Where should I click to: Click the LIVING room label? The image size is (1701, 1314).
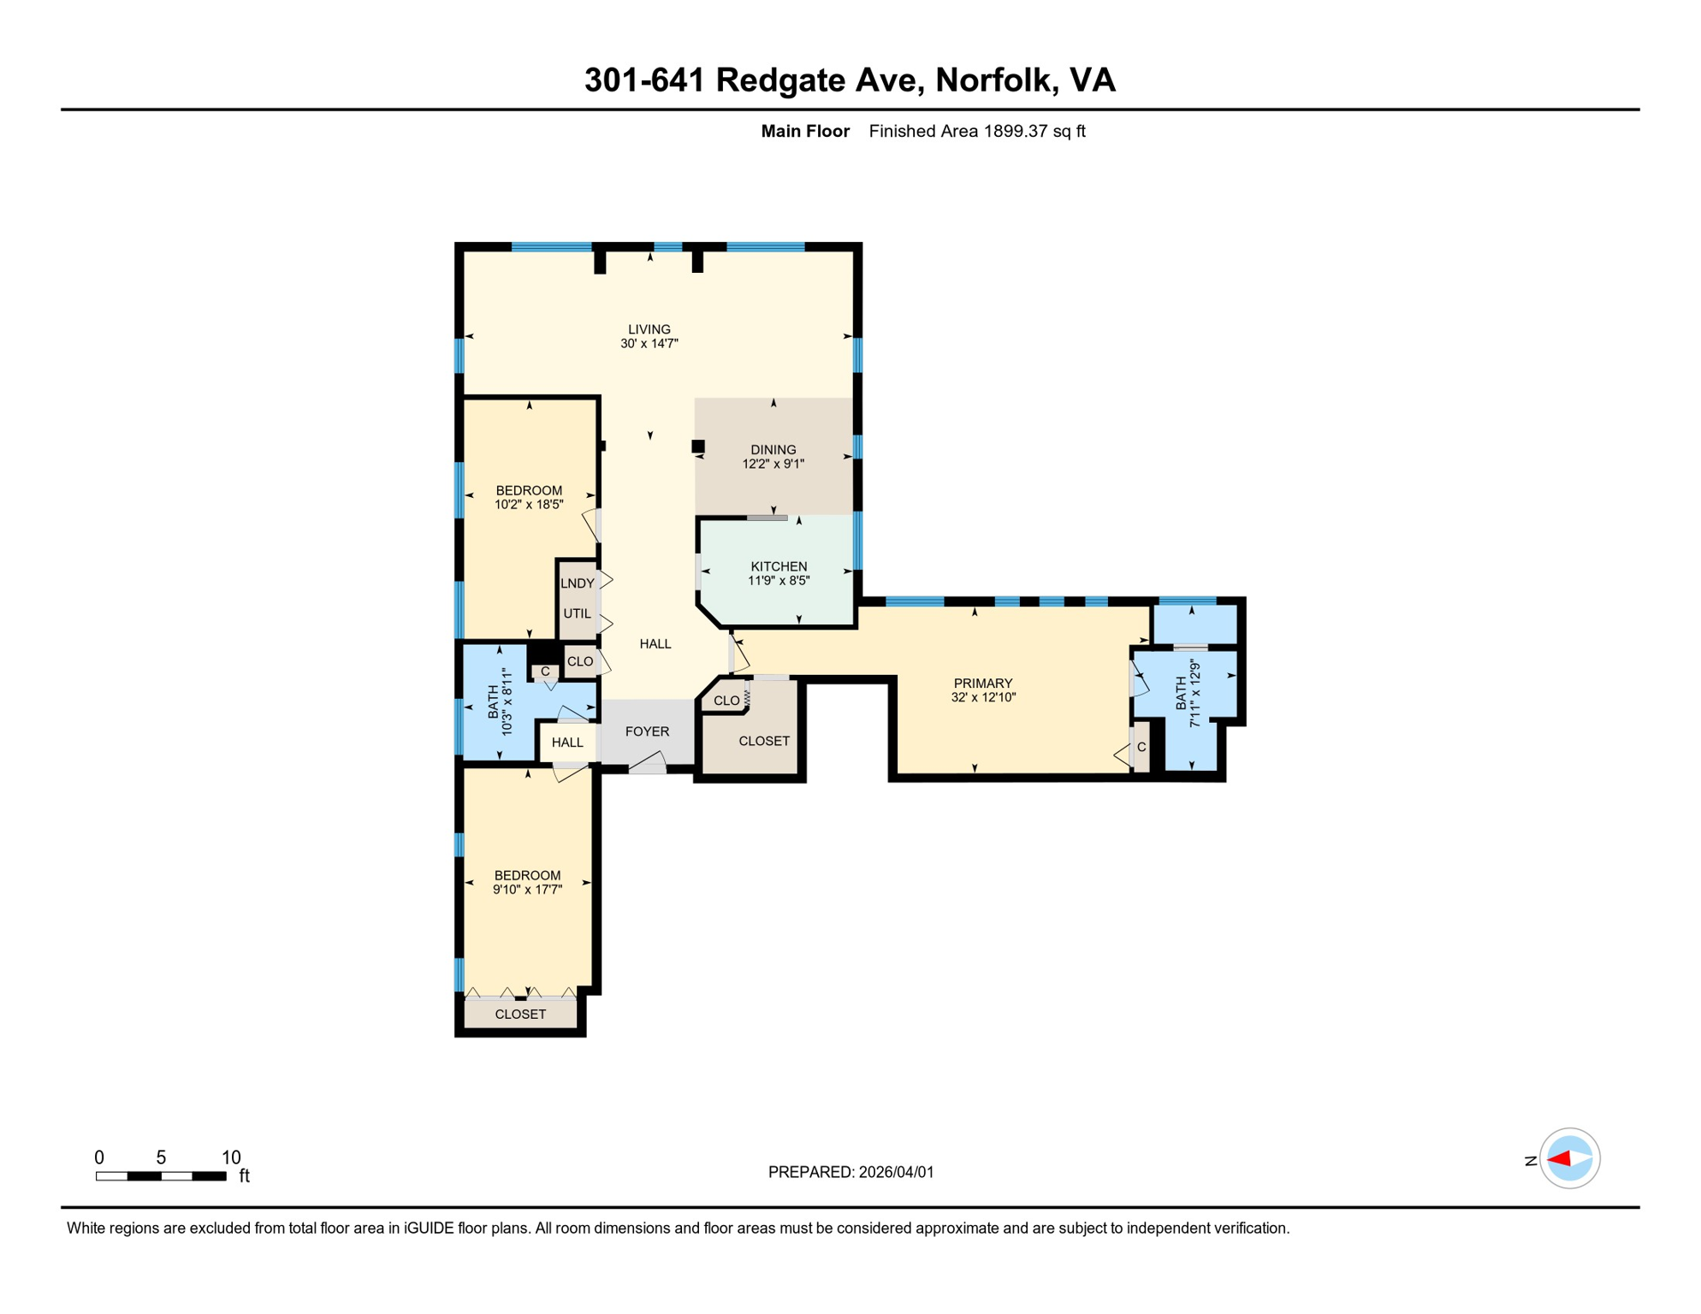pos(649,329)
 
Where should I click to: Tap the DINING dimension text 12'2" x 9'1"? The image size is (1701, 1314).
pos(773,464)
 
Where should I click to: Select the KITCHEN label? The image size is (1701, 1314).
pos(778,566)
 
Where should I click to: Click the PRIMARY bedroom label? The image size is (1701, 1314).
pos(982,683)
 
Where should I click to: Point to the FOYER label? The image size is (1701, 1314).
pos(646,731)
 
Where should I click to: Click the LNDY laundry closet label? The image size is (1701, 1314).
pos(577,583)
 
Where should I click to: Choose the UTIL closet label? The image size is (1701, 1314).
pos(577,613)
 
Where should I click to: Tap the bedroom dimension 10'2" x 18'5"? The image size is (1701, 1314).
pos(529,505)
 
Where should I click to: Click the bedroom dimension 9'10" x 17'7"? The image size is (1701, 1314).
pos(527,890)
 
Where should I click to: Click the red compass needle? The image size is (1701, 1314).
pos(1559,1159)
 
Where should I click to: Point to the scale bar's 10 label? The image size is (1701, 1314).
pos(231,1157)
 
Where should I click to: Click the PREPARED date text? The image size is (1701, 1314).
pos(850,1172)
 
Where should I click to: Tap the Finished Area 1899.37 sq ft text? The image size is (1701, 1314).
pos(976,131)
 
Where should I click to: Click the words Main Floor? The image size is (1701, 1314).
pos(804,131)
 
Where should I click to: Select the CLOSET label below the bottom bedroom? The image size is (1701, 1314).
pos(520,1015)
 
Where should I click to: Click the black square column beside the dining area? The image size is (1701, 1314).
pos(698,447)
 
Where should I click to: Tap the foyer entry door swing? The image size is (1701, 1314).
pos(649,763)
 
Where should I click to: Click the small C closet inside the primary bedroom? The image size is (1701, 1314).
pos(1141,747)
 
